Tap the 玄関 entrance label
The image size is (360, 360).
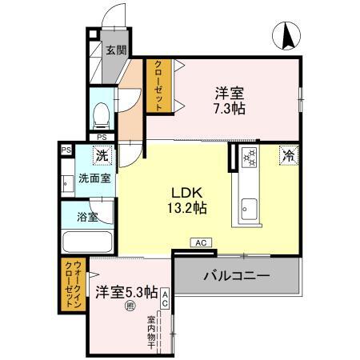click(x=116, y=50)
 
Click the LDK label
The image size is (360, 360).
click(x=190, y=192)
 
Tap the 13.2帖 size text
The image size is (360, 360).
click(x=190, y=208)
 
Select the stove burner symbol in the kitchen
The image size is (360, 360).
click(x=248, y=158)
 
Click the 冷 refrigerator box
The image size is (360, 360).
click(x=287, y=157)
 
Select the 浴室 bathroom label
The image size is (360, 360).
click(x=88, y=216)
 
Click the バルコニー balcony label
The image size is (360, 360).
click(x=235, y=277)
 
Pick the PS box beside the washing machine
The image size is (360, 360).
click(x=64, y=149)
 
